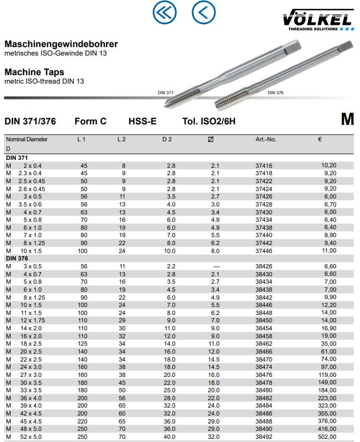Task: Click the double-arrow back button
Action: tap(164, 12)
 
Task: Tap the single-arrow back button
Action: tap(204, 12)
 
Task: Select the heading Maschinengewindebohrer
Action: tap(61, 44)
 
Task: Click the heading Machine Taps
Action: tap(34, 72)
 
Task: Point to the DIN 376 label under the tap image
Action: tap(275, 93)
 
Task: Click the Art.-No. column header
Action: tap(266, 140)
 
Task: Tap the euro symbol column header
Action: tap(320, 140)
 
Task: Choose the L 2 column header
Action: tap(121, 140)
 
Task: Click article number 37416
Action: tap(264, 166)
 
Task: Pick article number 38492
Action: tap(264, 437)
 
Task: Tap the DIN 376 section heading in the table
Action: tap(17, 258)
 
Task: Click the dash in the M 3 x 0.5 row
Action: tap(215, 266)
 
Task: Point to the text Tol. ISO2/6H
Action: tap(209, 121)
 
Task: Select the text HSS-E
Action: tap(142, 121)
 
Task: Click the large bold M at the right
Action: tap(347, 120)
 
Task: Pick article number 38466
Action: tap(264, 351)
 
